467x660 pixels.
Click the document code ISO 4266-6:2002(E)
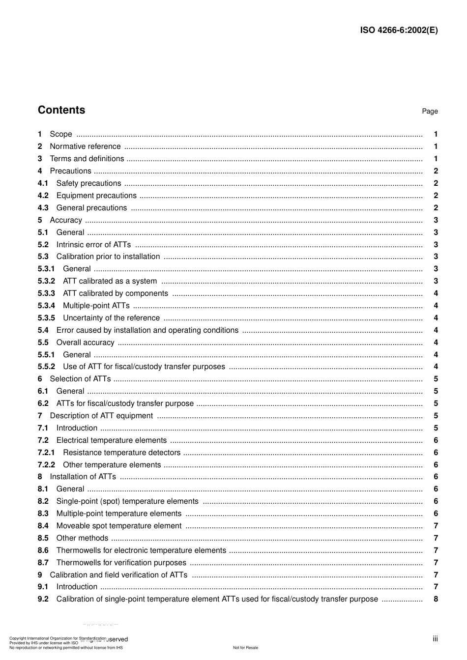399,30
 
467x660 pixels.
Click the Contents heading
61,110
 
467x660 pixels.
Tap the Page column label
430,112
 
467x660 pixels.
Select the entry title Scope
61,134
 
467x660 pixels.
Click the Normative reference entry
85,146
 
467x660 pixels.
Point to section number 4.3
43,208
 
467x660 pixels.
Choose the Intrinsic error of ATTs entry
93,245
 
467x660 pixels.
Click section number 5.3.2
46,281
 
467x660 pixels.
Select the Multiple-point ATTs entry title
96,306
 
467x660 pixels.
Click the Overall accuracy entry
85,343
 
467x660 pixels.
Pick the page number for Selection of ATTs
436,379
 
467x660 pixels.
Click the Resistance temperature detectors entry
121,453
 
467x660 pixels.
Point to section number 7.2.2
46,465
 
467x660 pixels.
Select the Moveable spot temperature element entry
119,526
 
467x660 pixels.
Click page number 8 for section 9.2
436,599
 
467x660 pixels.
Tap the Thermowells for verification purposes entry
121,563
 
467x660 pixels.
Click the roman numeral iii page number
435,639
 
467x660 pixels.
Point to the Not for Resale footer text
245,648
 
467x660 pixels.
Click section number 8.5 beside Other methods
43,538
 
